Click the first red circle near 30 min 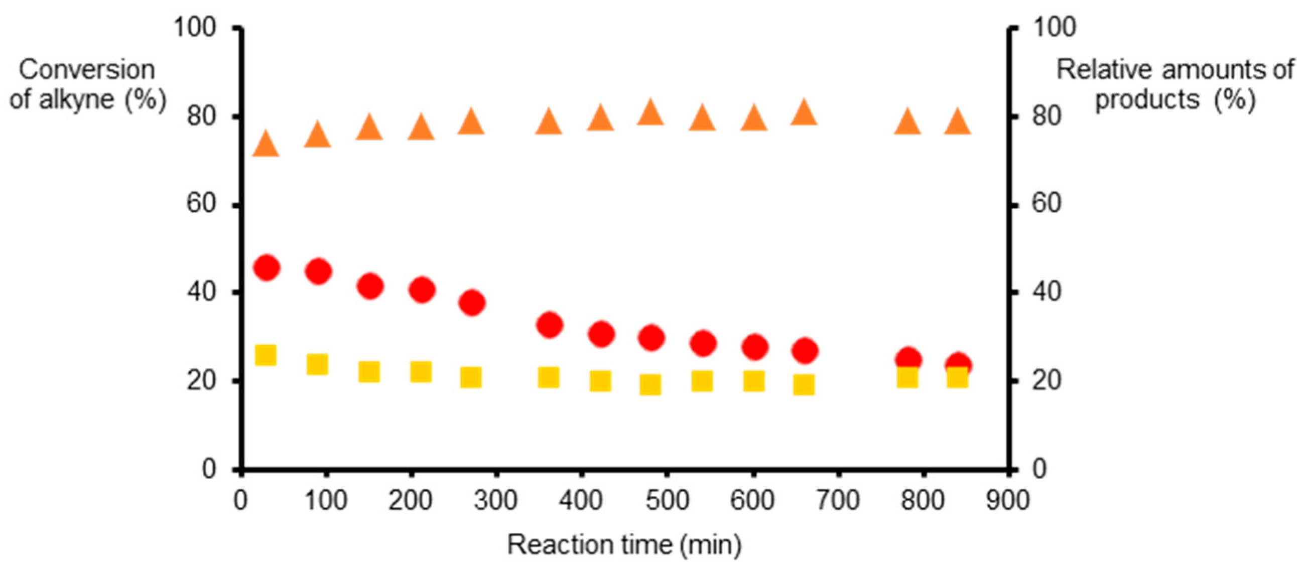[268, 267]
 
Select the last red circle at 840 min [958, 365]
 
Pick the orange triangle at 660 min [804, 113]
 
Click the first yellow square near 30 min [266, 355]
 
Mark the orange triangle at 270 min [471, 122]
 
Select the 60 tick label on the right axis [1046, 204]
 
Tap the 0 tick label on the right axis [1039, 470]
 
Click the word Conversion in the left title [87, 70]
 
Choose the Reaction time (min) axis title [624, 545]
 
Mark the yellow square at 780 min [907, 377]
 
